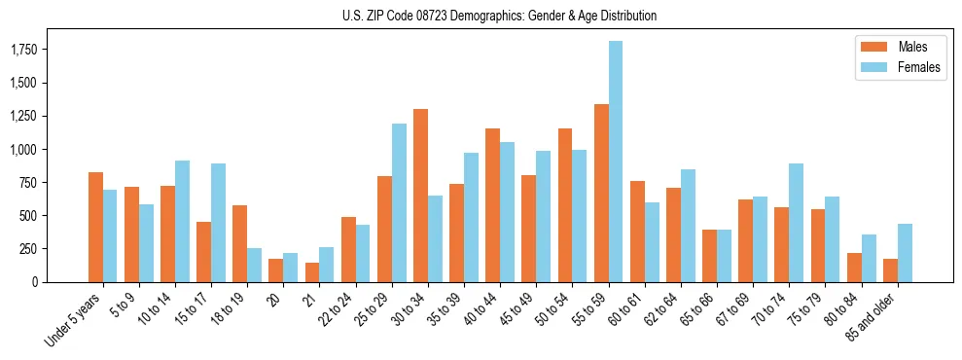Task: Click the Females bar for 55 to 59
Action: [x=616, y=162]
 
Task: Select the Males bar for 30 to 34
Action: [x=420, y=196]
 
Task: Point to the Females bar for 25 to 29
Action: [x=399, y=202]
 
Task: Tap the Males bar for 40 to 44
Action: [x=492, y=205]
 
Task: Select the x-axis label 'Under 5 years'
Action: [x=74, y=319]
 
